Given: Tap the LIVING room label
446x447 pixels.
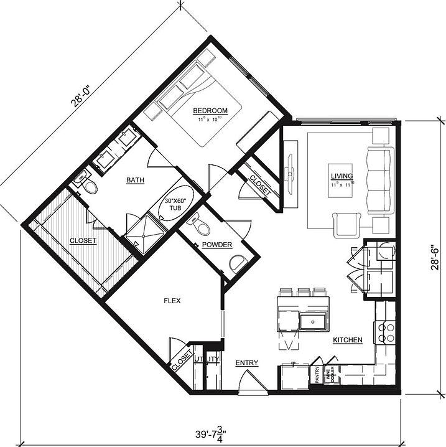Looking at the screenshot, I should coord(341,177).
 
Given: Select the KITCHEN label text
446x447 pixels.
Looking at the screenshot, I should coord(347,340).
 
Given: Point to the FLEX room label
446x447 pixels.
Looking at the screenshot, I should coord(172,300).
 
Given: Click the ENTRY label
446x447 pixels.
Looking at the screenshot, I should coord(247,362).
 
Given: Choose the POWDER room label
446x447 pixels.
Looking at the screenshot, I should coord(218,245).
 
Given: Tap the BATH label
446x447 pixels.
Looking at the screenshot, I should coord(135,181).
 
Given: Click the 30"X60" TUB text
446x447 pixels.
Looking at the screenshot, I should coord(177,205).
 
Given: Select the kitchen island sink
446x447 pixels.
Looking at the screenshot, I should coord(309,321).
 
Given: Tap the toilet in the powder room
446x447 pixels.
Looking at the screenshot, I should coord(198,223).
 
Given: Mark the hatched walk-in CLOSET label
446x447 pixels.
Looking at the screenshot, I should coord(83,240).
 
